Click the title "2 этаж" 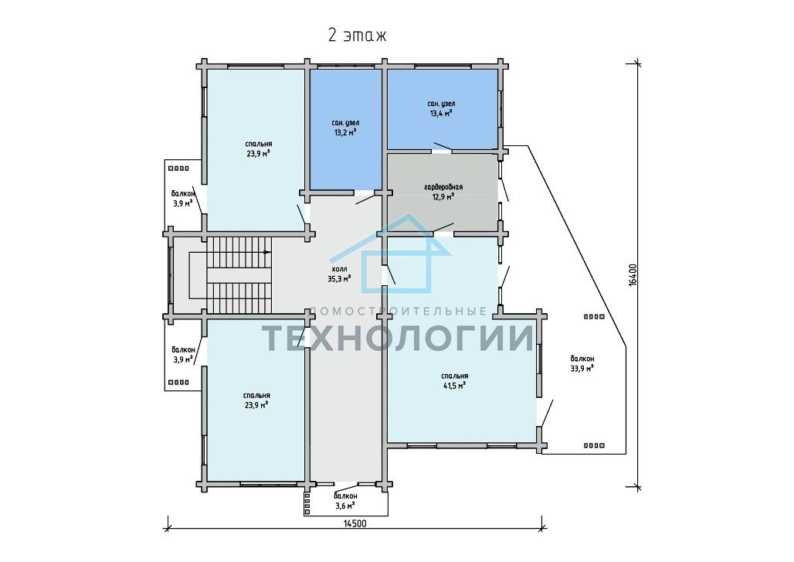[357, 36]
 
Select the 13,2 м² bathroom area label [346, 128]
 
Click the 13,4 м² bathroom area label [441, 108]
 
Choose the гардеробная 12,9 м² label [443, 192]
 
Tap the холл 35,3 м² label [339, 274]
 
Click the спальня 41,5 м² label [454, 380]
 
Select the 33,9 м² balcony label [582, 363]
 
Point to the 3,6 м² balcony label [345, 501]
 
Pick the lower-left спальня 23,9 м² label [256, 400]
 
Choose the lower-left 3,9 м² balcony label [183, 355]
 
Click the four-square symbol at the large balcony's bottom [595, 445]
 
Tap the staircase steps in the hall [239, 275]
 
